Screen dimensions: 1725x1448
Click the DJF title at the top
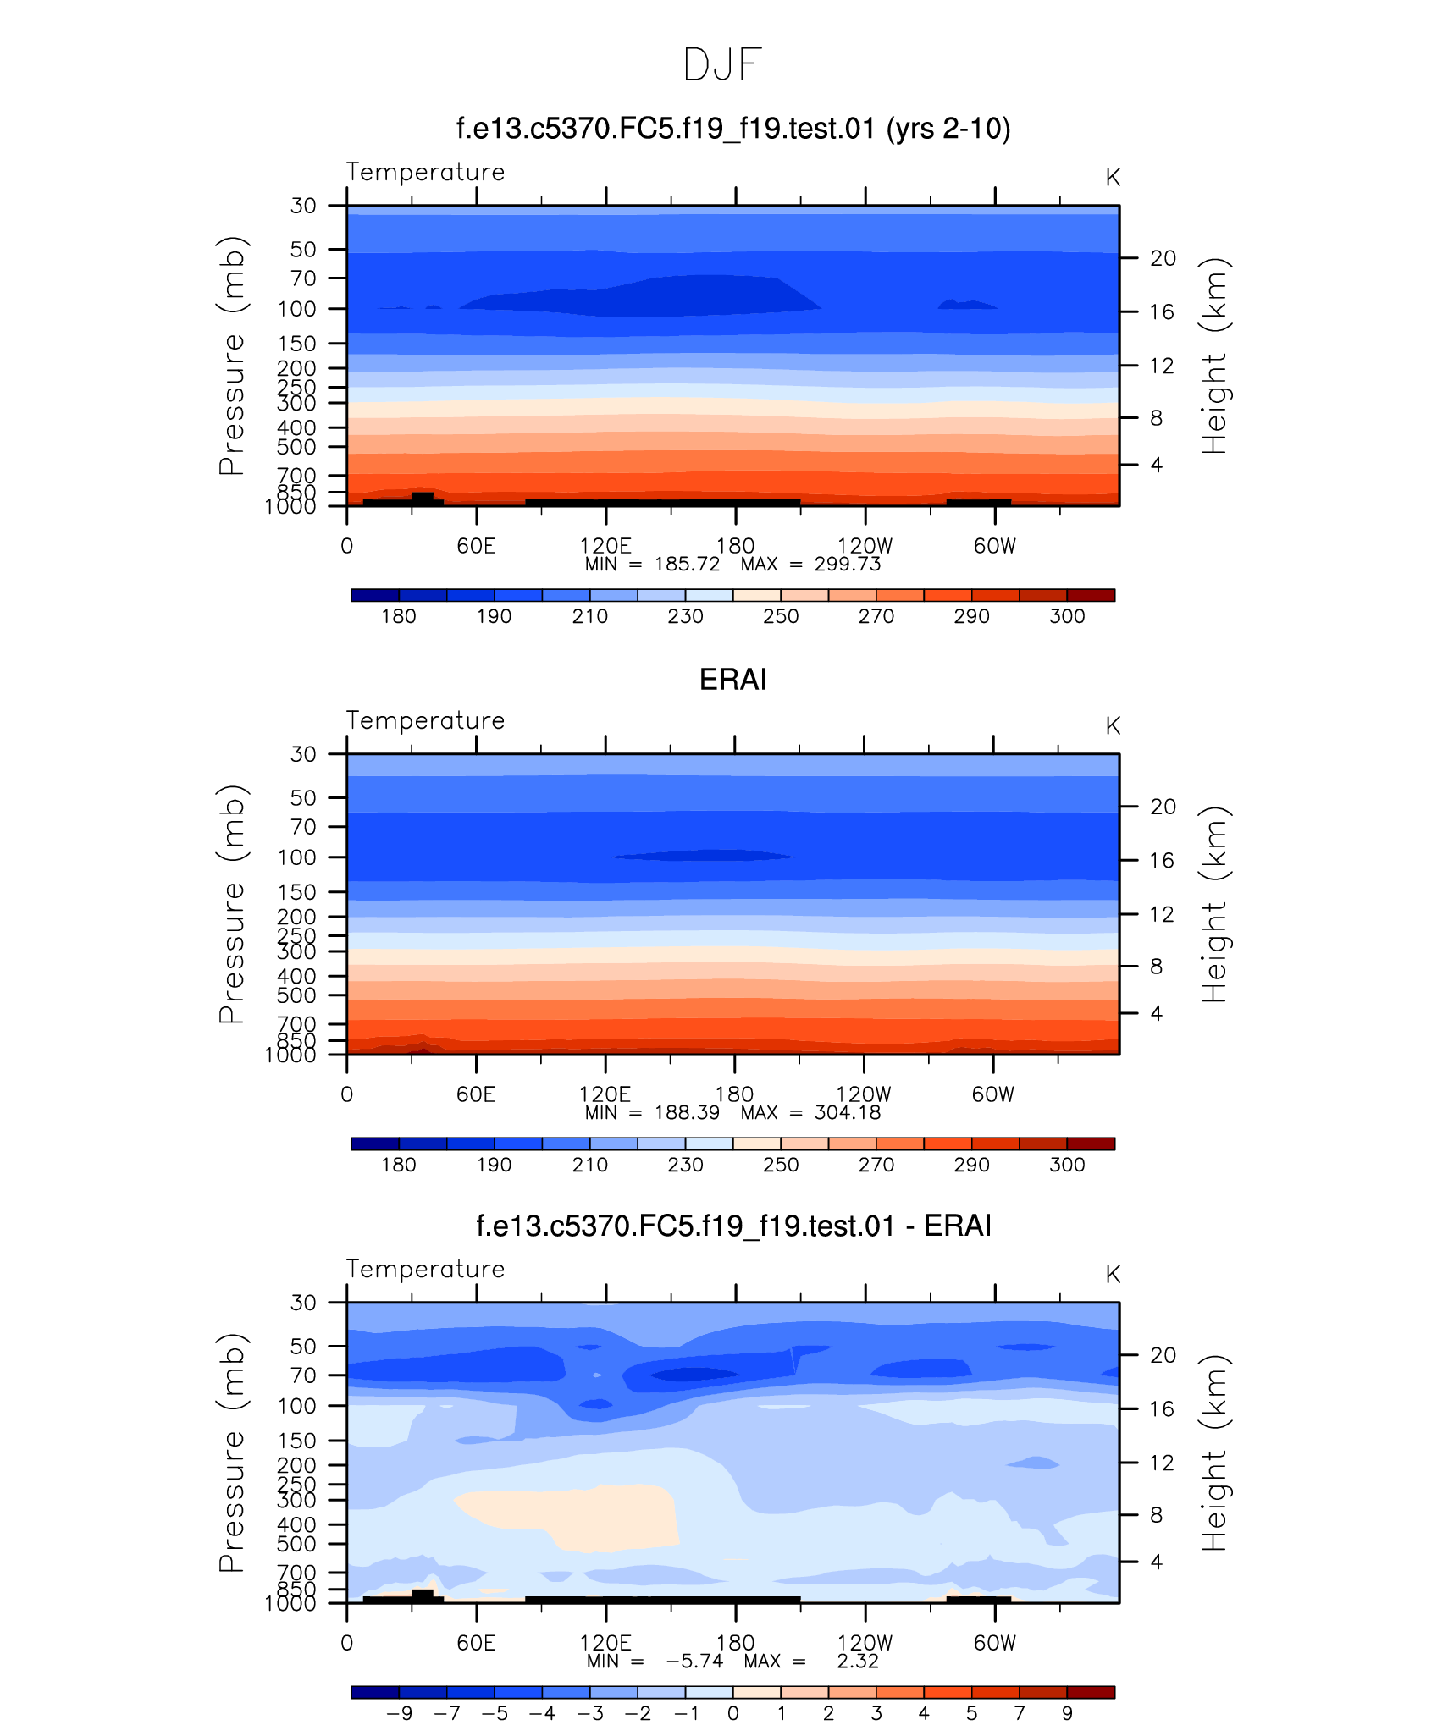pos(722,65)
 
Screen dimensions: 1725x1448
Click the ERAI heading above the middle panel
pos(732,680)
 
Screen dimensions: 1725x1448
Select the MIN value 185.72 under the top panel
pos(687,565)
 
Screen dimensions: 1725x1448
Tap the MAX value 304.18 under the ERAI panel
pos(847,1113)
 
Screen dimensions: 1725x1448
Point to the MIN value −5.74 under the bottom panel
pos(694,1662)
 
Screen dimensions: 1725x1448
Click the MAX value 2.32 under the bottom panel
pos(858,1662)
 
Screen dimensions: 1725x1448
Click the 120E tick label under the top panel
pos(605,546)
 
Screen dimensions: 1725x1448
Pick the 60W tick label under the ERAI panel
pos(992,1094)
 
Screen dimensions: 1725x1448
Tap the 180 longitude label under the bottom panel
pos(735,1643)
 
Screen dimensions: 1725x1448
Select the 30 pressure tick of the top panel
pos(303,206)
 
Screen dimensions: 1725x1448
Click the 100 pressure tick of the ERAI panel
pos(296,857)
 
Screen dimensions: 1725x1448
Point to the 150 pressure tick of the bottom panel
pos(296,1441)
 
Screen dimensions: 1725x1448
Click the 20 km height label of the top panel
pos(1163,258)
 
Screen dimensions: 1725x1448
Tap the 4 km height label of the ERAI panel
pos(1156,1013)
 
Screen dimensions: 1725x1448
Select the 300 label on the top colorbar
pos(1067,616)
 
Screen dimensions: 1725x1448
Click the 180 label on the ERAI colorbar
pos(398,1165)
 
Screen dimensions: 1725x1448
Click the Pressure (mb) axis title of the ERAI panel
pos(232,904)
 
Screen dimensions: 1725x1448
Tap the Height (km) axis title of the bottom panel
pos(1214,1452)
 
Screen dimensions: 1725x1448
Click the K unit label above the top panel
pos(1113,178)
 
